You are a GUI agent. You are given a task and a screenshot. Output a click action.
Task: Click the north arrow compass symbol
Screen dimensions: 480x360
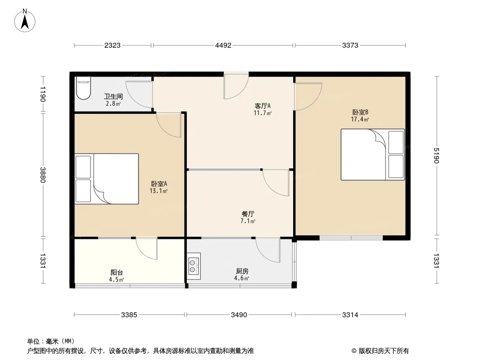pyautogui.click(x=25, y=21)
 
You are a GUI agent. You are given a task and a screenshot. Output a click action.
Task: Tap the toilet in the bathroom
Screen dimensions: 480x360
pyautogui.click(x=83, y=88)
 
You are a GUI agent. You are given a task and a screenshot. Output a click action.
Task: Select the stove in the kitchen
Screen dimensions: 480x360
pyautogui.click(x=194, y=266)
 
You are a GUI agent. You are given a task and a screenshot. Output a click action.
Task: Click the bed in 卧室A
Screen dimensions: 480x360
pyautogui.click(x=107, y=179)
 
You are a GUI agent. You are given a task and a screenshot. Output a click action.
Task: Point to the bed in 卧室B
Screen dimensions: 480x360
pyautogui.click(x=372, y=154)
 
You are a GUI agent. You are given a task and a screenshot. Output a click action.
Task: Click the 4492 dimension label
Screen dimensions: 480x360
pyautogui.click(x=223, y=45)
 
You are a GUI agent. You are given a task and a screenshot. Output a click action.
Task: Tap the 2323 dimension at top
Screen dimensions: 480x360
pyautogui.click(x=113, y=45)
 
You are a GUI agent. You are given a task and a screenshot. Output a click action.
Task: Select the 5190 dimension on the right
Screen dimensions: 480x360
pyautogui.click(x=436, y=155)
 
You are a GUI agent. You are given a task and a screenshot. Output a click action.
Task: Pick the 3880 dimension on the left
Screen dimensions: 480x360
pyautogui.click(x=43, y=175)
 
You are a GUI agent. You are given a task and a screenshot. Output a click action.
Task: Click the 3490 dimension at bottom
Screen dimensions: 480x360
pyautogui.click(x=239, y=315)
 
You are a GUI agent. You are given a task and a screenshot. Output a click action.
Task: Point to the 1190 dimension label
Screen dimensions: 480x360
pyautogui.click(x=43, y=94)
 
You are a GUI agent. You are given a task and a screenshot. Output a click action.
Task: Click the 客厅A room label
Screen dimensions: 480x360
pyautogui.click(x=263, y=106)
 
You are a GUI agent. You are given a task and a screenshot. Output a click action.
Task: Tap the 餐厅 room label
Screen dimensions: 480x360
pyautogui.click(x=248, y=214)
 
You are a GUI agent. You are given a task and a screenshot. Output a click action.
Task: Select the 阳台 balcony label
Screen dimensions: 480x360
pyautogui.click(x=117, y=272)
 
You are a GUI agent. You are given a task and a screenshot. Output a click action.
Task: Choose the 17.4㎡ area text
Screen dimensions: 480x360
pyautogui.click(x=360, y=119)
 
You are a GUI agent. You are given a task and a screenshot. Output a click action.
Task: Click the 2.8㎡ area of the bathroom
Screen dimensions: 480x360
pyautogui.click(x=113, y=103)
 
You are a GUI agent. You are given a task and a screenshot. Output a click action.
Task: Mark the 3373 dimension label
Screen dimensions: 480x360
pyautogui.click(x=350, y=45)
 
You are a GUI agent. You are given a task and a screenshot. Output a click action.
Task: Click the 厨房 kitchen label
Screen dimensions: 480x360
pyautogui.click(x=242, y=271)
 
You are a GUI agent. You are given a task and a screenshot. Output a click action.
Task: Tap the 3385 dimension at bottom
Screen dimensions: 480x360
pyautogui.click(x=129, y=315)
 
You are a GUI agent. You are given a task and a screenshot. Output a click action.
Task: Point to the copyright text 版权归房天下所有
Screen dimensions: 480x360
pyautogui.click(x=384, y=351)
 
